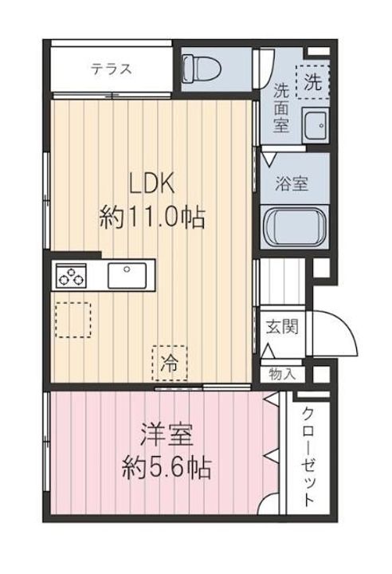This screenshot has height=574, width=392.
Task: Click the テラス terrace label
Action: (x=111, y=69)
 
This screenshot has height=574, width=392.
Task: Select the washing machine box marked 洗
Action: (x=312, y=81)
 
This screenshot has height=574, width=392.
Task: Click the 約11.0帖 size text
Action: (x=152, y=216)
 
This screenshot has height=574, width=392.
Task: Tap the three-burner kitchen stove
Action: (x=72, y=277)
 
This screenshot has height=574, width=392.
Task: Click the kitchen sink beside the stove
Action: (x=125, y=277)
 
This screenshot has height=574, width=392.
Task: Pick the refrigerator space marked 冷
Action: (x=170, y=362)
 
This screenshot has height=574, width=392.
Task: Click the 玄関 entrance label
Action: (x=280, y=327)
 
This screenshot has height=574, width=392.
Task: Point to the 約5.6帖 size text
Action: (x=167, y=468)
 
